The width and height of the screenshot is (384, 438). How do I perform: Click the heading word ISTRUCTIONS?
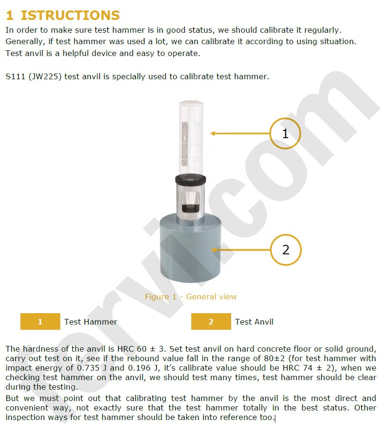[x=70, y=15]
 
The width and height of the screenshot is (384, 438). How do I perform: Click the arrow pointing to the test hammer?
[x=240, y=133]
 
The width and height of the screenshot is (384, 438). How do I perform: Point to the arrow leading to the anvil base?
[x=241, y=250]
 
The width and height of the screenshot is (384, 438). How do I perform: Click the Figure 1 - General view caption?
[x=191, y=297]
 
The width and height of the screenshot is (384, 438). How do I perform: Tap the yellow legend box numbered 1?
[x=40, y=322]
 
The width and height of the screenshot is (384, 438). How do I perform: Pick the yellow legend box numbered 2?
[x=211, y=322]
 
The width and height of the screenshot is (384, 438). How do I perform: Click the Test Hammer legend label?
[x=91, y=322]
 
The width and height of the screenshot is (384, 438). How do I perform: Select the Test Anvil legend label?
[x=254, y=322]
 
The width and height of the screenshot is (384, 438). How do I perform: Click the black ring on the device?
[x=191, y=179]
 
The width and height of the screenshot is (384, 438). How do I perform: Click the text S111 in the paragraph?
[x=15, y=76]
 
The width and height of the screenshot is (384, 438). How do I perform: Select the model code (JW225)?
[x=45, y=76]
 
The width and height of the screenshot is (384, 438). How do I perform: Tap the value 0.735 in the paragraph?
[x=88, y=368]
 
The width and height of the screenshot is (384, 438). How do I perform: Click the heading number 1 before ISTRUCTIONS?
[x=10, y=15]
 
